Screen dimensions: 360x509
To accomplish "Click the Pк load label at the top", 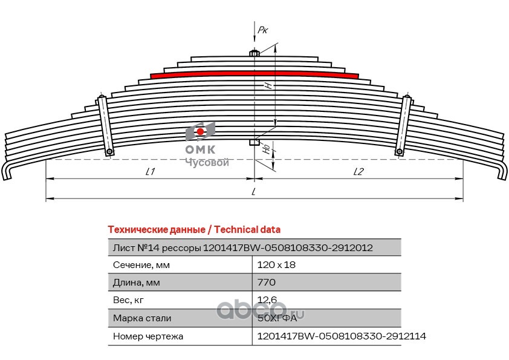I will coord(262,29).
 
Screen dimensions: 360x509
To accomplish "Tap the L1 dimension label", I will coord(151,172).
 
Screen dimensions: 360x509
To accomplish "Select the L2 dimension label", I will coord(358,172).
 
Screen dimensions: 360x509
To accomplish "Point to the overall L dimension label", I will coord(254,192).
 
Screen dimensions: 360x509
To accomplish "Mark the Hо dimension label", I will coord(267,148).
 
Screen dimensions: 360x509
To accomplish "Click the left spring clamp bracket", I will coord(105,125).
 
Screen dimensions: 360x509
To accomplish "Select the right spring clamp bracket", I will coord(403,125).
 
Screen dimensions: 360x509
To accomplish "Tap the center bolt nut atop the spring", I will coord(254,53).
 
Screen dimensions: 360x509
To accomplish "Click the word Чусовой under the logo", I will coord(206,162).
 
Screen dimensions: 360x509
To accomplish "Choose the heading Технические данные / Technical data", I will coord(193,230).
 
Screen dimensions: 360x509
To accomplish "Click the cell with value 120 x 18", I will coord(276,265).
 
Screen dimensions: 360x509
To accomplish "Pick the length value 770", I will coord(267,283).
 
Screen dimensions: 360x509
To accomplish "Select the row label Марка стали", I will coord(142,318).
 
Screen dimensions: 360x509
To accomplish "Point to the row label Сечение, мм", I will coord(141,265).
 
